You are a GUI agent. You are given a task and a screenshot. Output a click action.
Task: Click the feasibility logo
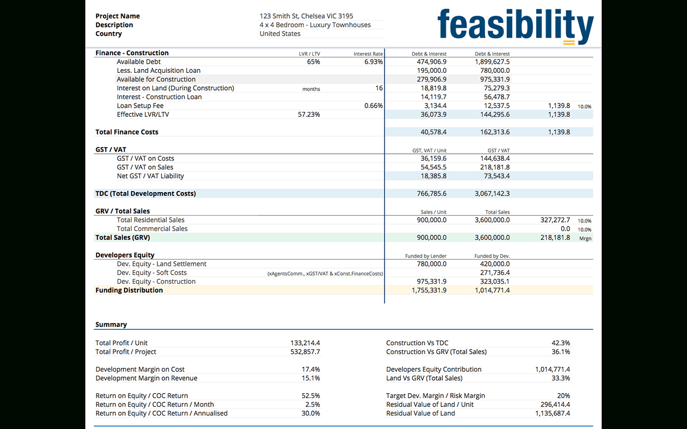tap(515, 26)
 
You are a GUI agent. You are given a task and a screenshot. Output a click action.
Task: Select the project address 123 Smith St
tap(306, 16)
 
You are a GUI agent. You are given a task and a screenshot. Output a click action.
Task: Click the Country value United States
tap(280, 34)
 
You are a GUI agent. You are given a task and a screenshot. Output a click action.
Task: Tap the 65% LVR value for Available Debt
tap(313, 62)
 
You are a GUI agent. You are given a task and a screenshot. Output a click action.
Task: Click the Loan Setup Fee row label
tap(140, 106)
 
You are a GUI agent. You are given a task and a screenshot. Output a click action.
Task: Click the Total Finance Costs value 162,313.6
tap(492, 132)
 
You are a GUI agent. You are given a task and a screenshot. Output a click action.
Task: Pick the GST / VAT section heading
tap(111, 150)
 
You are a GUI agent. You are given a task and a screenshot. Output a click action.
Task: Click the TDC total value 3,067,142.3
tap(492, 194)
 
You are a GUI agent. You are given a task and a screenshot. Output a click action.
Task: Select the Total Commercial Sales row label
tap(152, 228)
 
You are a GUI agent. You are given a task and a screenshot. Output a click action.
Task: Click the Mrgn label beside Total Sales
tap(585, 238)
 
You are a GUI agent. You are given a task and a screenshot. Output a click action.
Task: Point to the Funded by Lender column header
tap(426, 256)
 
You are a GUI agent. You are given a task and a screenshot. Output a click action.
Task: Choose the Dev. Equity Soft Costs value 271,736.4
tap(492, 272)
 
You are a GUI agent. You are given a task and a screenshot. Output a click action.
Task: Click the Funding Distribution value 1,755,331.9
tap(429, 290)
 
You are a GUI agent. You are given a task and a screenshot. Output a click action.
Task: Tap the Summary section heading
tap(111, 324)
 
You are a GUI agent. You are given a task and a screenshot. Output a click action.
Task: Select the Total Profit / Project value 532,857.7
tap(305, 352)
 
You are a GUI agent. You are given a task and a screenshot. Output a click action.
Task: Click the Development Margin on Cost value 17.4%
tap(311, 369)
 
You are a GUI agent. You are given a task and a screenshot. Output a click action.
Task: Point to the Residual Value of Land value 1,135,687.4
tap(552, 413)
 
